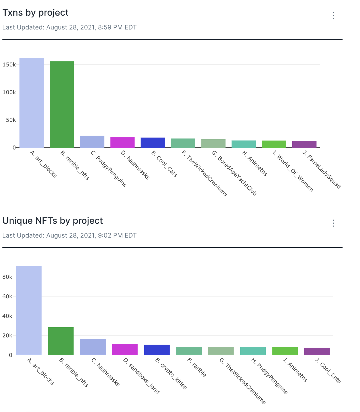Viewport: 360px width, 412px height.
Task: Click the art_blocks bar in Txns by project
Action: click(32, 103)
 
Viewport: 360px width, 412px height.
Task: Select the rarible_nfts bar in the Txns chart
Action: click(62, 104)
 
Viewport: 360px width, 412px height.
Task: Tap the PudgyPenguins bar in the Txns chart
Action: click(92, 142)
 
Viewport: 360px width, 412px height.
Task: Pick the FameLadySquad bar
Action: click(304, 144)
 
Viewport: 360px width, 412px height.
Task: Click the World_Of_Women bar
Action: click(274, 144)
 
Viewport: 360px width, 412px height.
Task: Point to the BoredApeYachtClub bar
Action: click(213, 143)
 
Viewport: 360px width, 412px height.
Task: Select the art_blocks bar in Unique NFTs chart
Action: click(29, 310)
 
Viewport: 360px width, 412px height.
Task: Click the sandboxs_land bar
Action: click(125, 349)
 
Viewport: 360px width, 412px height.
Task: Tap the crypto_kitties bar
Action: click(157, 350)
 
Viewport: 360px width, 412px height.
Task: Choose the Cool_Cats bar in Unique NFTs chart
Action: click(317, 351)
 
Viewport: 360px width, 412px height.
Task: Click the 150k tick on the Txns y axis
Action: click(9, 65)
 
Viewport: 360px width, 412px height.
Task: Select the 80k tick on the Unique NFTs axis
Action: click(7, 277)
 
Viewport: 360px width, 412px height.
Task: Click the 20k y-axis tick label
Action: click(7, 336)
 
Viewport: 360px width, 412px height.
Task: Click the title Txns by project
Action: click(36, 13)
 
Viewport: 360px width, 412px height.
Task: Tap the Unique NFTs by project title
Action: click(53, 221)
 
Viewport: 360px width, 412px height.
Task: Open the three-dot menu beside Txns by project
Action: click(334, 16)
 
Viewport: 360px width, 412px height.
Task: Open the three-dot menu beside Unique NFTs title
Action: click(334, 223)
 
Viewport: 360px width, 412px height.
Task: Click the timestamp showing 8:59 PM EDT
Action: click(70, 27)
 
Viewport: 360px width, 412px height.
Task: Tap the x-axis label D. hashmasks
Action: click(135, 165)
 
